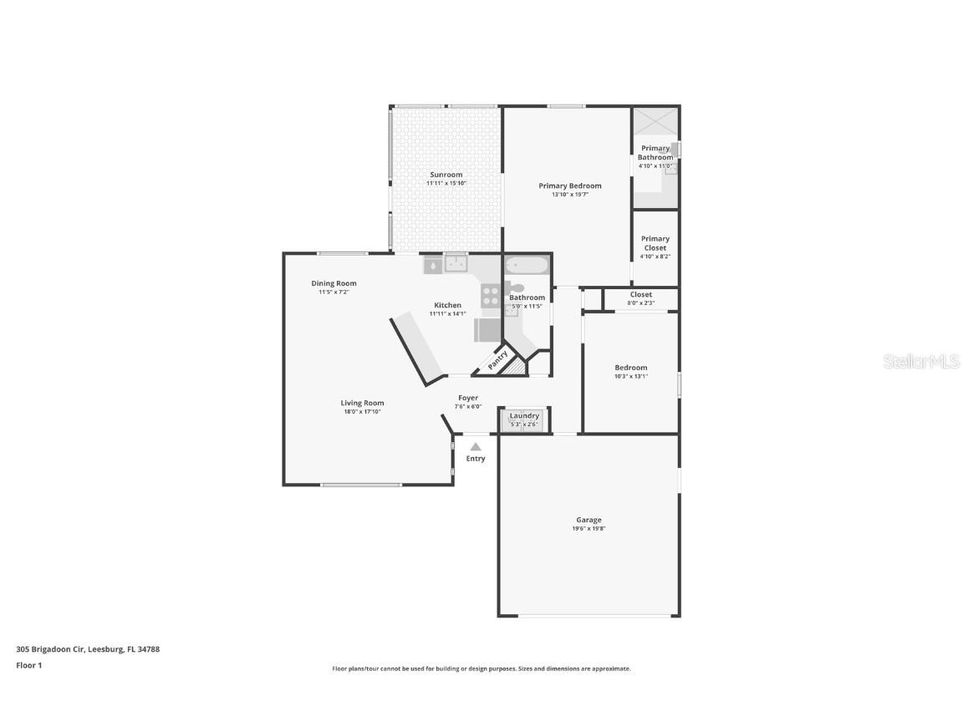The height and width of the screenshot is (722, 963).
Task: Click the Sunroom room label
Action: click(446, 175)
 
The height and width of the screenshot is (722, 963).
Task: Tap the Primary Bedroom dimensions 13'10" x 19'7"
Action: click(569, 195)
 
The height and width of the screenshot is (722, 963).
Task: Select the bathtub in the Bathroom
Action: click(526, 266)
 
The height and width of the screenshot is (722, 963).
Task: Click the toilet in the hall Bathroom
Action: click(517, 288)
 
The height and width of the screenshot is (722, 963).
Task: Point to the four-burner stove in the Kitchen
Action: click(491, 295)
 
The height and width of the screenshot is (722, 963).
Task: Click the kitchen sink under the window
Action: click(456, 265)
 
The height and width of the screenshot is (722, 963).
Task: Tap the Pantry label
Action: click(497, 359)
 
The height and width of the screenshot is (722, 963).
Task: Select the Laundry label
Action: click(524, 415)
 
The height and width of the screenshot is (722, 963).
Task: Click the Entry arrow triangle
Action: click(476, 447)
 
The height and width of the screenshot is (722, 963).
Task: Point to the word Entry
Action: click(476, 459)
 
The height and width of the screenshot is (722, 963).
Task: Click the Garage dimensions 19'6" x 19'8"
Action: click(588, 528)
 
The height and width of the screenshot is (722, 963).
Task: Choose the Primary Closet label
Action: click(655, 243)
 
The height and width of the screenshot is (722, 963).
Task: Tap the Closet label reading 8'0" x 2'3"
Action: click(640, 303)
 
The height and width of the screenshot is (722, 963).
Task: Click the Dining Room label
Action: click(334, 283)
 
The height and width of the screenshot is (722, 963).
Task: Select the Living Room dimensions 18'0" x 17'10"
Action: click(362, 411)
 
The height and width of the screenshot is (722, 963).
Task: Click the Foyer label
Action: click(468, 398)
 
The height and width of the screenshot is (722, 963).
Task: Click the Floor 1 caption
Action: click(28, 665)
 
